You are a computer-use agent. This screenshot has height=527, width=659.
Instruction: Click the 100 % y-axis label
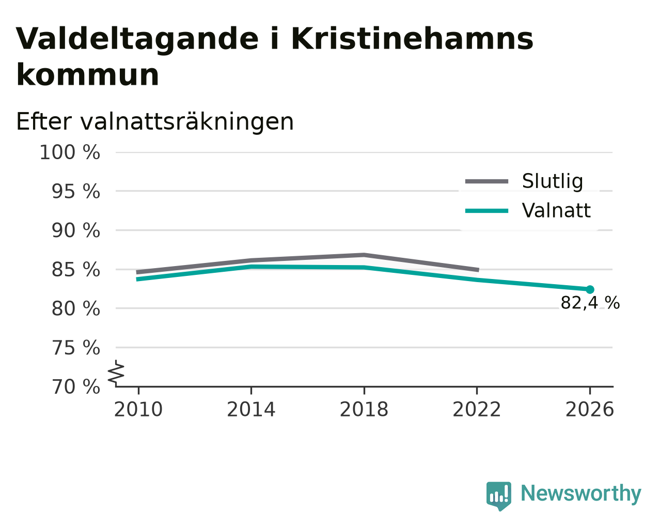click(x=70, y=152)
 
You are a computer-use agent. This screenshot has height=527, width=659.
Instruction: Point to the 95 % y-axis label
click(x=75, y=192)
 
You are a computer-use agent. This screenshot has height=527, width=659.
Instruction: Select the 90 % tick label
click(x=75, y=230)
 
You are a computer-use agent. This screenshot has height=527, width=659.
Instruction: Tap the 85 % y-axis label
click(x=75, y=270)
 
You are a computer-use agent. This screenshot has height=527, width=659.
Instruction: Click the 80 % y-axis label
click(x=75, y=308)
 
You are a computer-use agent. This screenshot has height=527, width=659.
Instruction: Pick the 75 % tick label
click(x=75, y=348)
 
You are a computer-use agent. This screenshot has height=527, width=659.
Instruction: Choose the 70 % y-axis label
click(x=75, y=386)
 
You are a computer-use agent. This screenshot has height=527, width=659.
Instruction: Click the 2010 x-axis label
click(x=138, y=409)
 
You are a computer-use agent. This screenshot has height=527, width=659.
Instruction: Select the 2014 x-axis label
click(x=251, y=409)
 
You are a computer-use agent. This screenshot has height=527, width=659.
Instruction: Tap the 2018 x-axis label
click(x=364, y=409)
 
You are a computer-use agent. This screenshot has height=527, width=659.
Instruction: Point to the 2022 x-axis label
click(x=477, y=409)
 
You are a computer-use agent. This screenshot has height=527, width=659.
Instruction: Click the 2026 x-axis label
click(x=590, y=409)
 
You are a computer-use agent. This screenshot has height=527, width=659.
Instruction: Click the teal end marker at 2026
click(x=590, y=289)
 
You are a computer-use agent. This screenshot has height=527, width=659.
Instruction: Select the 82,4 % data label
click(x=590, y=303)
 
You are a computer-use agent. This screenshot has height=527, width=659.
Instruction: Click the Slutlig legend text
click(x=553, y=181)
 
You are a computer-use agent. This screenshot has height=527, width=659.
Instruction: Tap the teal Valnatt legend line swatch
click(x=487, y=211)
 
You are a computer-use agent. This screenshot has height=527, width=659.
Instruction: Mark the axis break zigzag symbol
click(x=116, y=373)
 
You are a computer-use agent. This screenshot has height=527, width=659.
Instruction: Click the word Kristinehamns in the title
click(x=412, y=39)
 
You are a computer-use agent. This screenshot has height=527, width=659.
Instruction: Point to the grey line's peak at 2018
click(x=364, y=255)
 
